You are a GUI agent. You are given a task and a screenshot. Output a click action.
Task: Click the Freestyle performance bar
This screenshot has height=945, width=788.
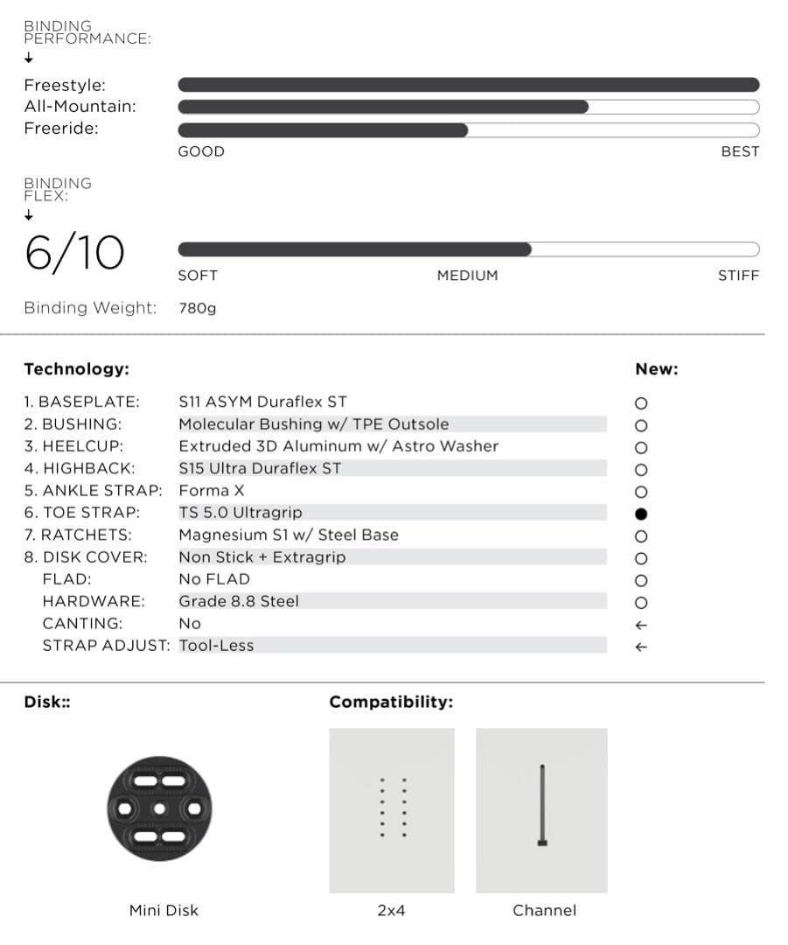tap(468, 85)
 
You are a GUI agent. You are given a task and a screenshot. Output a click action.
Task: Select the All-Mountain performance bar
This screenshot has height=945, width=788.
tap(468, 107)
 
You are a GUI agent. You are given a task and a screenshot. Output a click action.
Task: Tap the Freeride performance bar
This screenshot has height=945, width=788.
tap(468, 129)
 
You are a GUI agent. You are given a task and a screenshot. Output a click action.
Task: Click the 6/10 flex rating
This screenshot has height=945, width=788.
tap(74, 254)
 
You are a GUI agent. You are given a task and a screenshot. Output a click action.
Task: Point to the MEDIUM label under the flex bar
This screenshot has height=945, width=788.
tap(467, 276)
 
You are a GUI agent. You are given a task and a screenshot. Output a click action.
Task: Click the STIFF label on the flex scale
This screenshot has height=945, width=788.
tap(738, 276)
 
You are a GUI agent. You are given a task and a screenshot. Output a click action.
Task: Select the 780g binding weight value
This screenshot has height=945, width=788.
tap(197, 308)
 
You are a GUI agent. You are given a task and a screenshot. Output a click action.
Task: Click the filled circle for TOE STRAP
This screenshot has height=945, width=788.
tap(641, 514)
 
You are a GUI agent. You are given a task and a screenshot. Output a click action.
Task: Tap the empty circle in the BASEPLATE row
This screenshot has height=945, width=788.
tap(641, 403)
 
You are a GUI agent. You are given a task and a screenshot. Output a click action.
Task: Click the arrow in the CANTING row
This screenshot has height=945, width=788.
tap(641, 625)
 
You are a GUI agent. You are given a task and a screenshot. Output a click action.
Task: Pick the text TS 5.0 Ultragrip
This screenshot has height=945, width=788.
tap(240, 513)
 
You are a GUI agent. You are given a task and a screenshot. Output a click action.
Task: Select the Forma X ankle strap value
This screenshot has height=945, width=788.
tap(213, 491)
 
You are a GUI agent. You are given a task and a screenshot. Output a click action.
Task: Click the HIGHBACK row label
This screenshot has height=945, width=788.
tap(80, 468)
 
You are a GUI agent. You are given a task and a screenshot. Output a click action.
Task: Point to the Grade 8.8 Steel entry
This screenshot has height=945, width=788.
tap(239, 601)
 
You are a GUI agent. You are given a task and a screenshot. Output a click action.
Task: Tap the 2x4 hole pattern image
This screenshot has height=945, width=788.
tap(392, 810)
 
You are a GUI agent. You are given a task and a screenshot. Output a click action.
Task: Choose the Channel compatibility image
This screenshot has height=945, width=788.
tap(542, 810)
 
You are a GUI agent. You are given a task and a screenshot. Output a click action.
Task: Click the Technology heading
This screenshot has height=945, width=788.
tap(76, 369)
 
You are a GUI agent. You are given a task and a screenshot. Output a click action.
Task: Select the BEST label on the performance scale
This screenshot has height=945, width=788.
tap(740, 151)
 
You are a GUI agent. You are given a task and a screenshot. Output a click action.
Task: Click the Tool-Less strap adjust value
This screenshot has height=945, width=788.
tap(216, 646)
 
